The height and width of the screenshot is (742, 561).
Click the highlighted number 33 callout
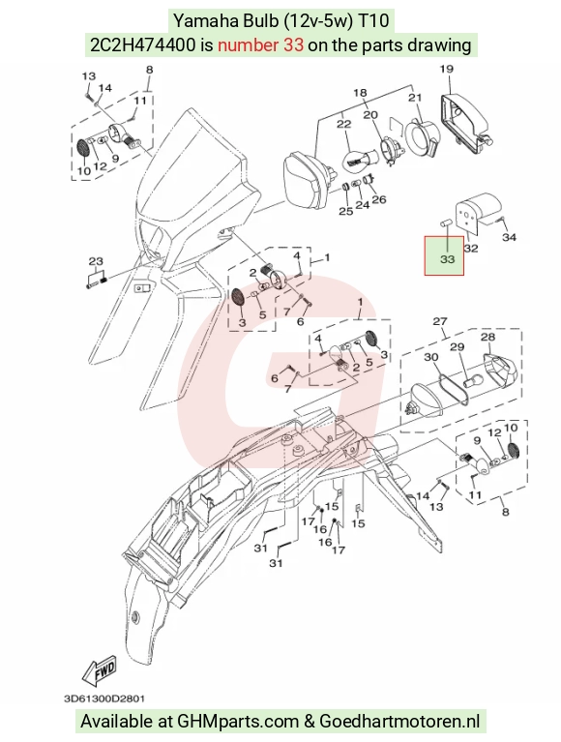click(x=447, y=259)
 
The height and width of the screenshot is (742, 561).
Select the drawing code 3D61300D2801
click(x=104, y=698)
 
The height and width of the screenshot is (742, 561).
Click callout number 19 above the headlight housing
click(x=447, y=69)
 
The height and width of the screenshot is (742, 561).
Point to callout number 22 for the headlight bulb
click(x=344, y=124)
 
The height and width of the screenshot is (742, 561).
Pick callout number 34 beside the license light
click(x=509, y=237)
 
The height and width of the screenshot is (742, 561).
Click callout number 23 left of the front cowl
click(x=96, y=261)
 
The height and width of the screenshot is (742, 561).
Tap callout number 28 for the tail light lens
click(x=487, y=337)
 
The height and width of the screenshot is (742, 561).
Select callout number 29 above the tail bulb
click(x=457, y=347)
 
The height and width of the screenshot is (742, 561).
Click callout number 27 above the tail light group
click(x=440, y=321)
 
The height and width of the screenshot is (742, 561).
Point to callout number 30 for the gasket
click(x=431, y=357)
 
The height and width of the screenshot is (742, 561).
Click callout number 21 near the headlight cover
click(x=415, y=98)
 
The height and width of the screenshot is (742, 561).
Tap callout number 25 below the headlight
click(x=345, y=211)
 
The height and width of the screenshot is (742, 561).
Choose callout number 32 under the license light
click(x=471, y=248)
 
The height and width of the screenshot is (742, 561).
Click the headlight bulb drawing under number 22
click(x=356, y=159)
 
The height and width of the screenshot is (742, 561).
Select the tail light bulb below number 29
click(x=473, y=381)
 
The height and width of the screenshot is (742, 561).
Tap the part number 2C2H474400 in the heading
click(x=142, y=45)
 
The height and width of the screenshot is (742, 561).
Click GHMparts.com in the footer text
click(x=238, y=721)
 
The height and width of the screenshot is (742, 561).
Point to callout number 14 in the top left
click(x=105, y=87)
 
